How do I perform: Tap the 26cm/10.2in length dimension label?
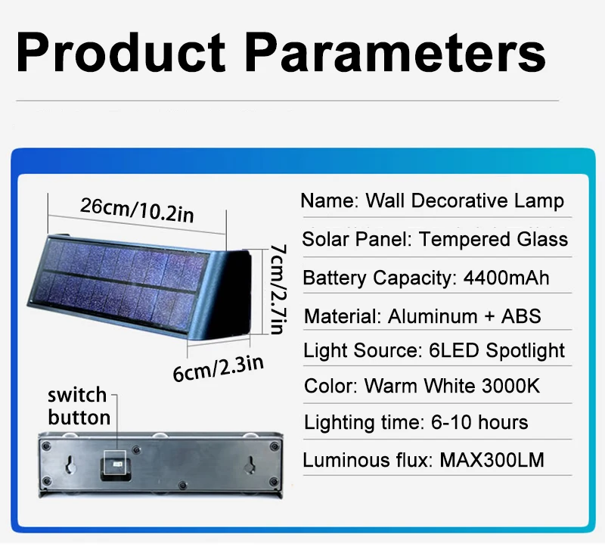(x=137, y=210)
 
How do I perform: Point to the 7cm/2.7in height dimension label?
(x=278, y=289)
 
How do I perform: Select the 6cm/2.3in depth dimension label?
(x=218, y=368)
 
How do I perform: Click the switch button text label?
(x=79, y=406)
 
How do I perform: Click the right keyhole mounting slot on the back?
(x=251, y=464)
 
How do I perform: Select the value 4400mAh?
(x=506, y=278)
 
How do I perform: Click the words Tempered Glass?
(x=493, y=239)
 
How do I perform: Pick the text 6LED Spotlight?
(x=497, y=351)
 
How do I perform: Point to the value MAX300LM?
(x=492, y=460)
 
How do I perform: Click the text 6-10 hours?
(x=479, y=422)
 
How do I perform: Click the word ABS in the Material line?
(x=521, y=316)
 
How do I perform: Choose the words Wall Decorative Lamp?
(x=464, y=200)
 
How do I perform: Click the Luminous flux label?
(x=368, y=460)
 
